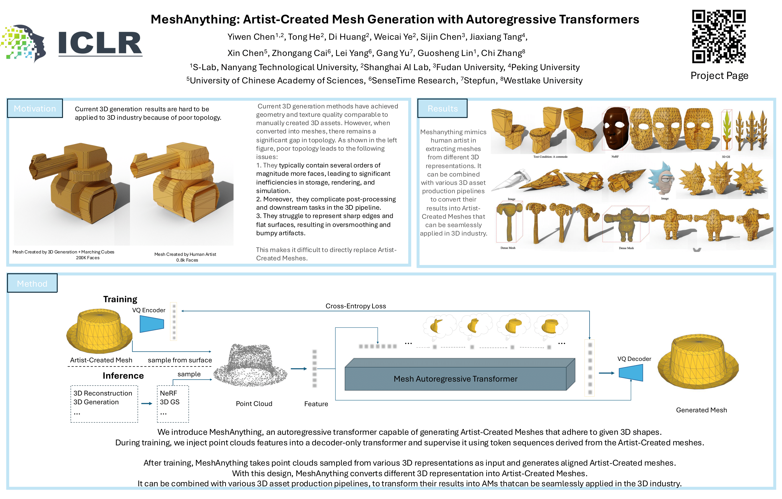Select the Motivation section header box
(x=35, y=108)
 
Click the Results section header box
(x=442, y=108)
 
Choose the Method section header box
(x=32, y=283)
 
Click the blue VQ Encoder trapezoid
(x=152, y=324)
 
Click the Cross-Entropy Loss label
(x=356, y=306)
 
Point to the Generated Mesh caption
(x=701, y=410)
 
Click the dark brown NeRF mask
(x=615, y=128)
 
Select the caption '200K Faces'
(x=88, y=258)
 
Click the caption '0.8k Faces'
(x=187, y=260)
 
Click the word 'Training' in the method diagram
(x=120, y=299)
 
